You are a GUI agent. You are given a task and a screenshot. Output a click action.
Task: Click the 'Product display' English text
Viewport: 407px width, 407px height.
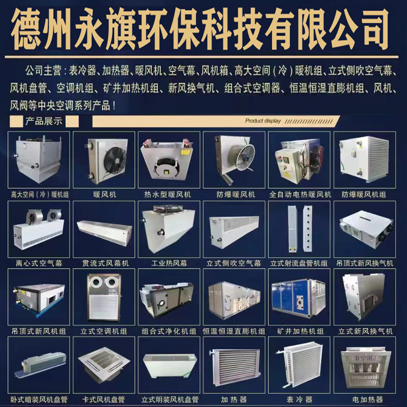point(263,120)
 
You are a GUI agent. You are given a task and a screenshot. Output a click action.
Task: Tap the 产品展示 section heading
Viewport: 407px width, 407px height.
point(44,121)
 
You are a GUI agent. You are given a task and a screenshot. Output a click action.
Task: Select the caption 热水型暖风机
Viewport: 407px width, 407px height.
point(168,194)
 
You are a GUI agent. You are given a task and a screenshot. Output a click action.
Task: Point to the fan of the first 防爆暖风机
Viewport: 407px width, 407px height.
point(241,157)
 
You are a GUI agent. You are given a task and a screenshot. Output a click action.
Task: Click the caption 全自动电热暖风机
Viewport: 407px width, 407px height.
point(300,194)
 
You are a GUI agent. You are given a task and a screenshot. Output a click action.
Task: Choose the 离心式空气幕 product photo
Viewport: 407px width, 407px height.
point(39,229)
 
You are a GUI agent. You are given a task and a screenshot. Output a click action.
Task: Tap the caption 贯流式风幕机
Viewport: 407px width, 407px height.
point(105,263)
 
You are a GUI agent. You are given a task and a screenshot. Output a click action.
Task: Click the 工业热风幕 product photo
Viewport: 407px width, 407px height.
point(169,229)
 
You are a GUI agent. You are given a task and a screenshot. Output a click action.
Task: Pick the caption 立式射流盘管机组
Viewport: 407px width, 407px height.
point(299,263)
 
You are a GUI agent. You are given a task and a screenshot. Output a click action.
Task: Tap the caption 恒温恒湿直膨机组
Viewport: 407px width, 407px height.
point(234,331)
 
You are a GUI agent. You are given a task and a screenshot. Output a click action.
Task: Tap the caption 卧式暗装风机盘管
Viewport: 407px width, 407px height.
point(39,399)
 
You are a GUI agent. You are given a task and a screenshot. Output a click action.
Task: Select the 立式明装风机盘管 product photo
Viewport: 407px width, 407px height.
point(169,365)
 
